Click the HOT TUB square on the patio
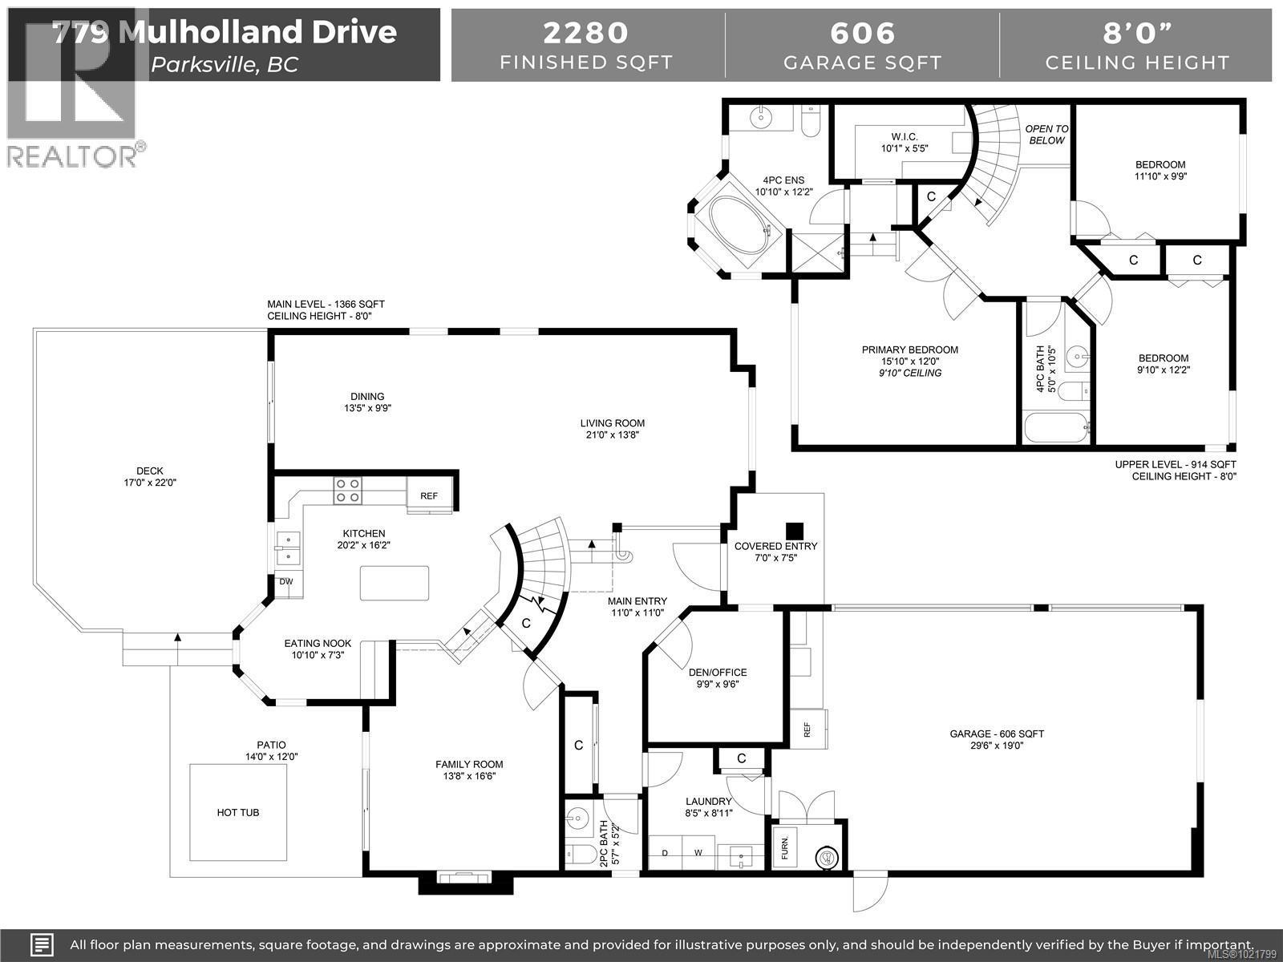[238, 812]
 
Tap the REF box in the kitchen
[429, 495]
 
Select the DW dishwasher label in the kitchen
[286, 582]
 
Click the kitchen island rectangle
[394, 583]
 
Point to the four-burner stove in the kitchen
[348, 491]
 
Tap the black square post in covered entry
[794, 531]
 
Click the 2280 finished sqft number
[586, 33]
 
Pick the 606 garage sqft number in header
[862, 33]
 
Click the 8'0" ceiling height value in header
[1137, 33]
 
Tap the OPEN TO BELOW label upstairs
[1046, 135]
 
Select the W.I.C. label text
[905, 137]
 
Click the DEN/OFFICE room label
[718, 673]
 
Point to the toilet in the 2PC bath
[579, 851]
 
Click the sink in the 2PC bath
[577, 819]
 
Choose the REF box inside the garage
[807, 729]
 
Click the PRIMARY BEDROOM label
[909, 350]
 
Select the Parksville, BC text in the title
[225, 65]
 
